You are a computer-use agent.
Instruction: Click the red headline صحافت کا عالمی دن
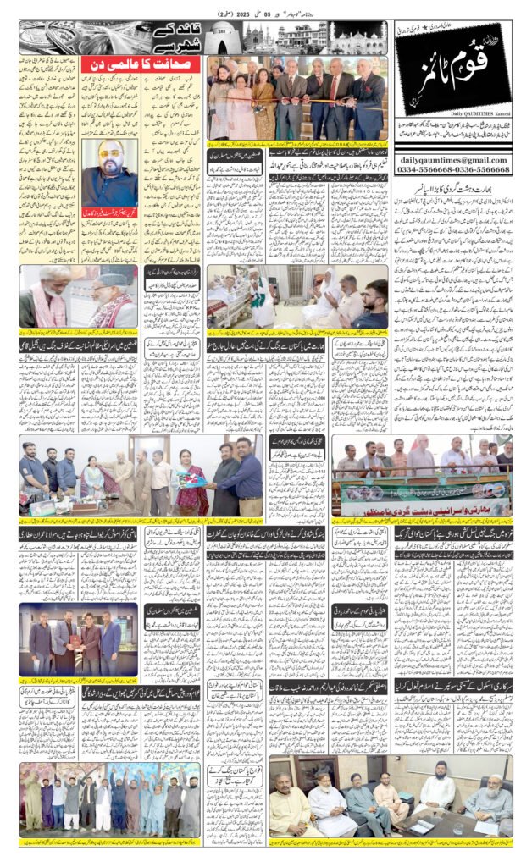pos(141,65)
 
